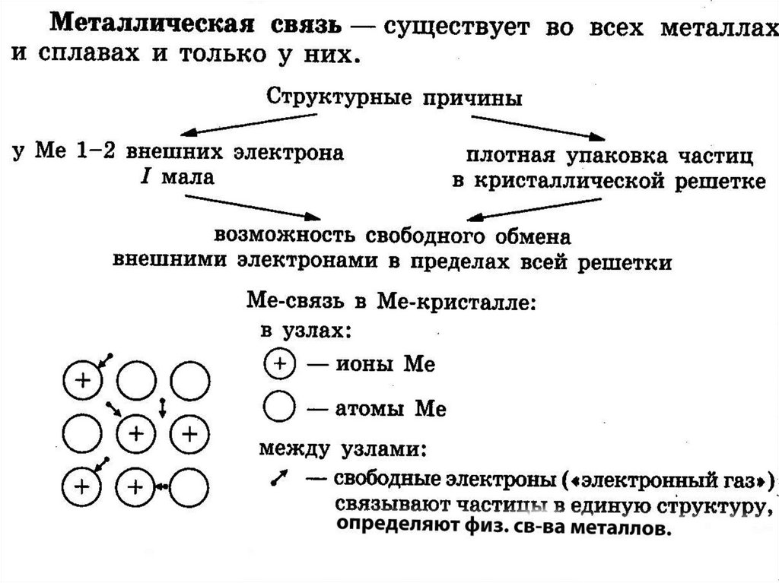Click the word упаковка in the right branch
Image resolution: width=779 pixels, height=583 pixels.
(605, 158)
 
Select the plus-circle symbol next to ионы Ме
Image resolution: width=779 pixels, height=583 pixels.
(279, 363)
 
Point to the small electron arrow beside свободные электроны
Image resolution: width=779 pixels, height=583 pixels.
(278, 479)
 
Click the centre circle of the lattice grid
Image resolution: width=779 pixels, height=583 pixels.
(135, 433)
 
